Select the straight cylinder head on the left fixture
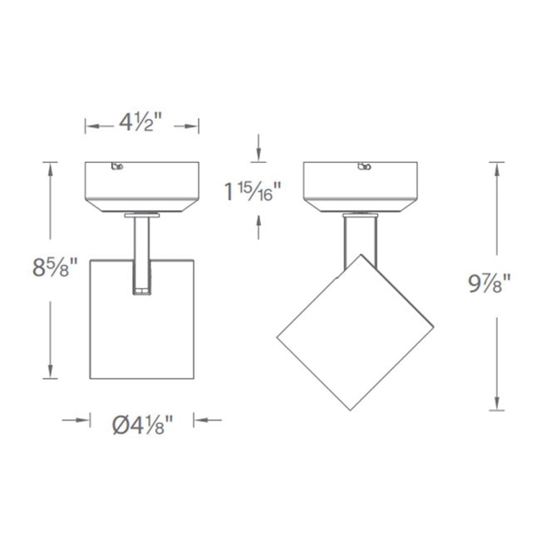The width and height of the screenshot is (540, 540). [141, 329]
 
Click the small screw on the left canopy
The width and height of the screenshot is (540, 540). [117, 167]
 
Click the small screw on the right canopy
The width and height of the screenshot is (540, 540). [364, 166]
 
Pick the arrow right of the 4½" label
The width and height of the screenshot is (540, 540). [192, 126]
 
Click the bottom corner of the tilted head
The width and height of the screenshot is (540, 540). [350, 410]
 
